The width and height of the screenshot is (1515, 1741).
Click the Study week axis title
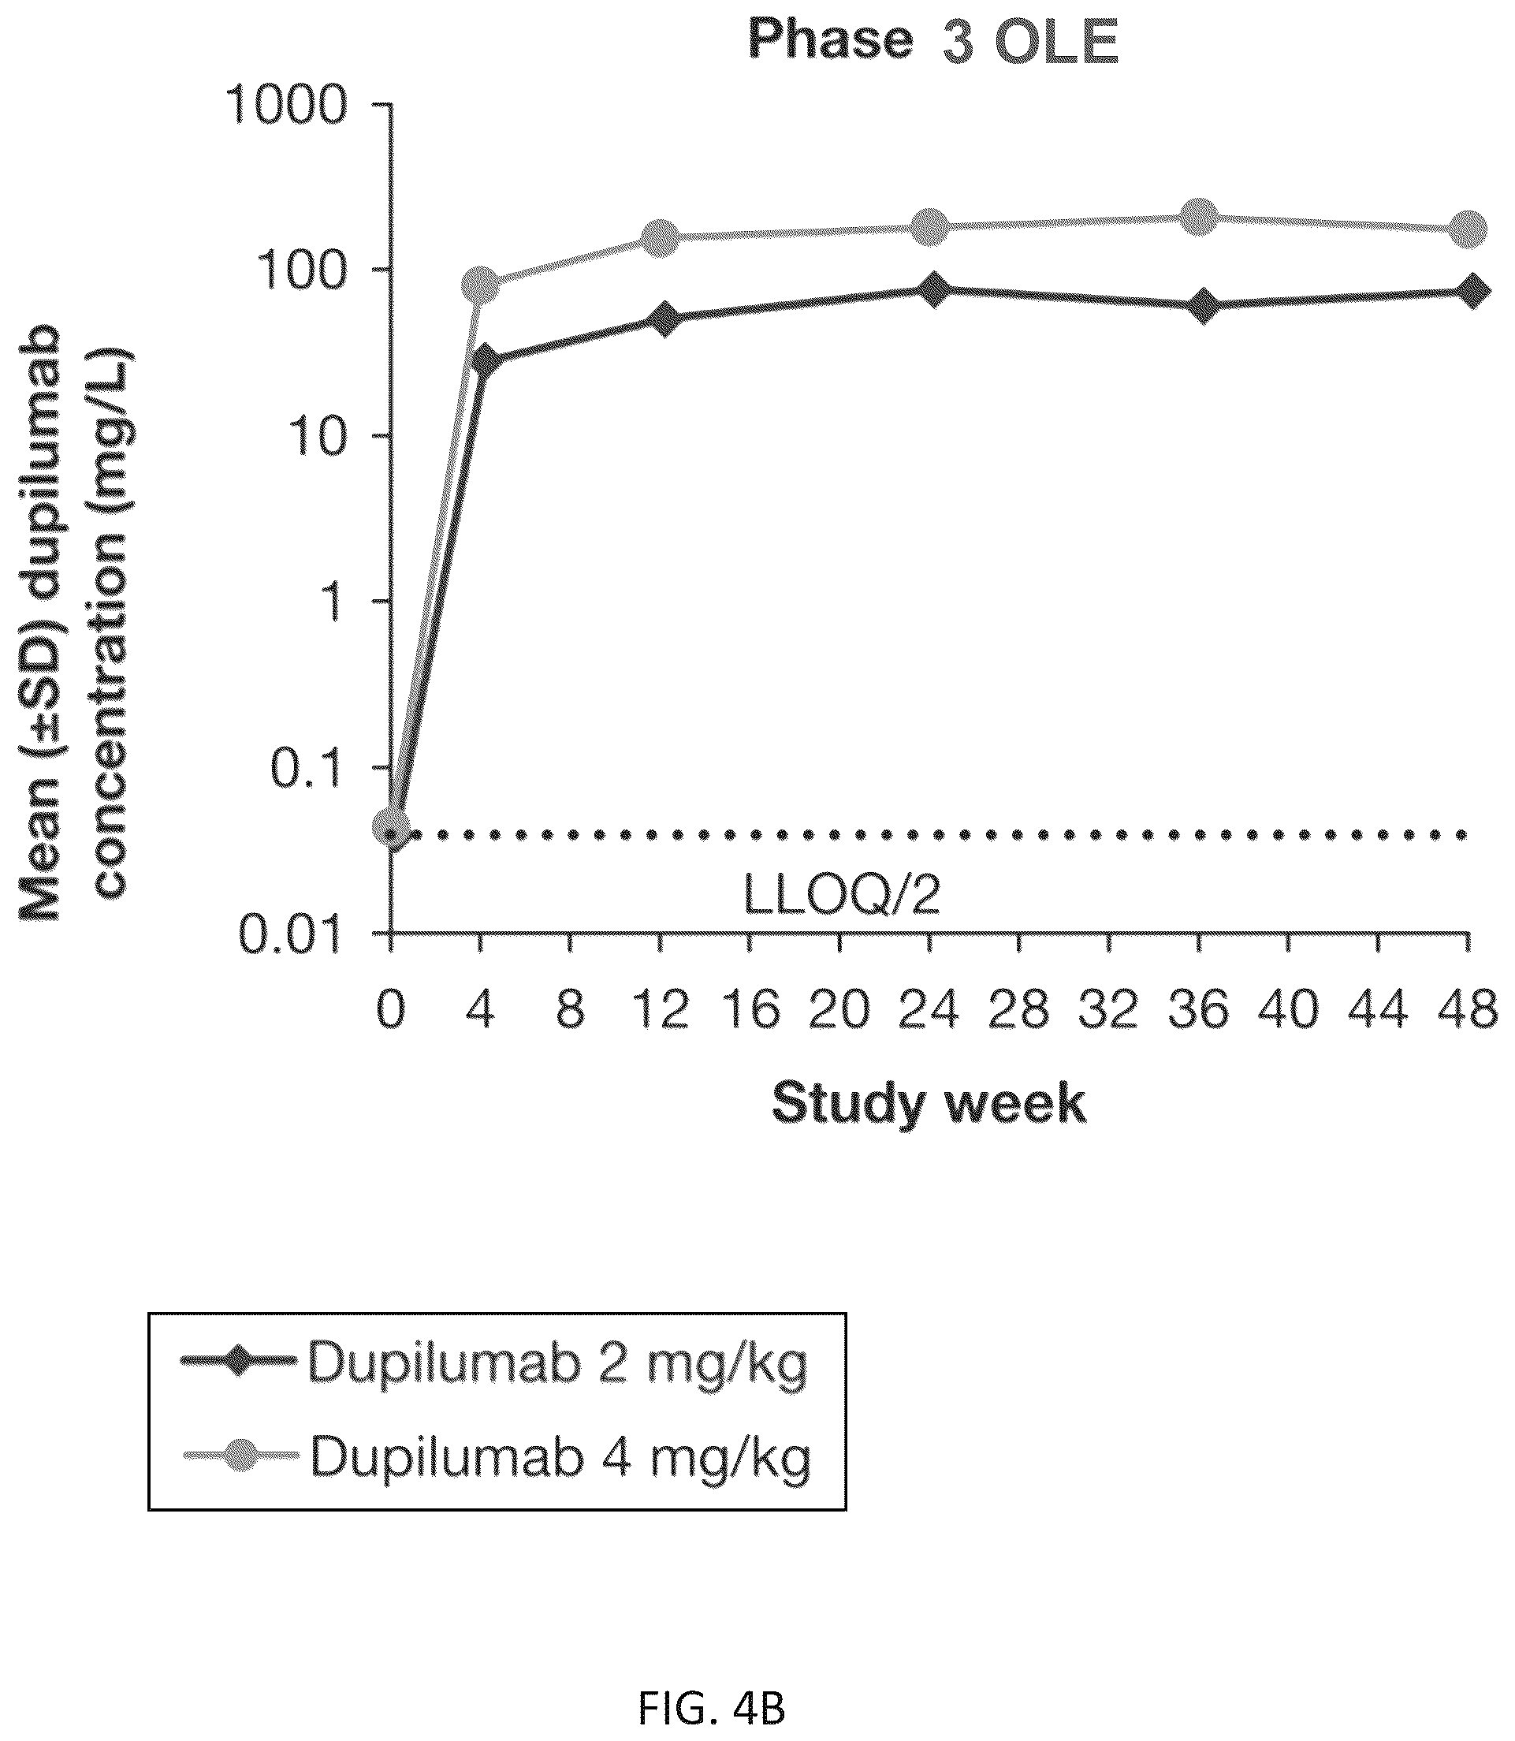click(x=929, y=1105)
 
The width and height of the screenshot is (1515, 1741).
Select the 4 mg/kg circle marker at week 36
click(x=1199, y=218)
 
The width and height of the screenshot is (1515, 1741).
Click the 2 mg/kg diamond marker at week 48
click(x=1471, y=291)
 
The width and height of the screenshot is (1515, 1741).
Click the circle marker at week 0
click(x=392, y=826)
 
